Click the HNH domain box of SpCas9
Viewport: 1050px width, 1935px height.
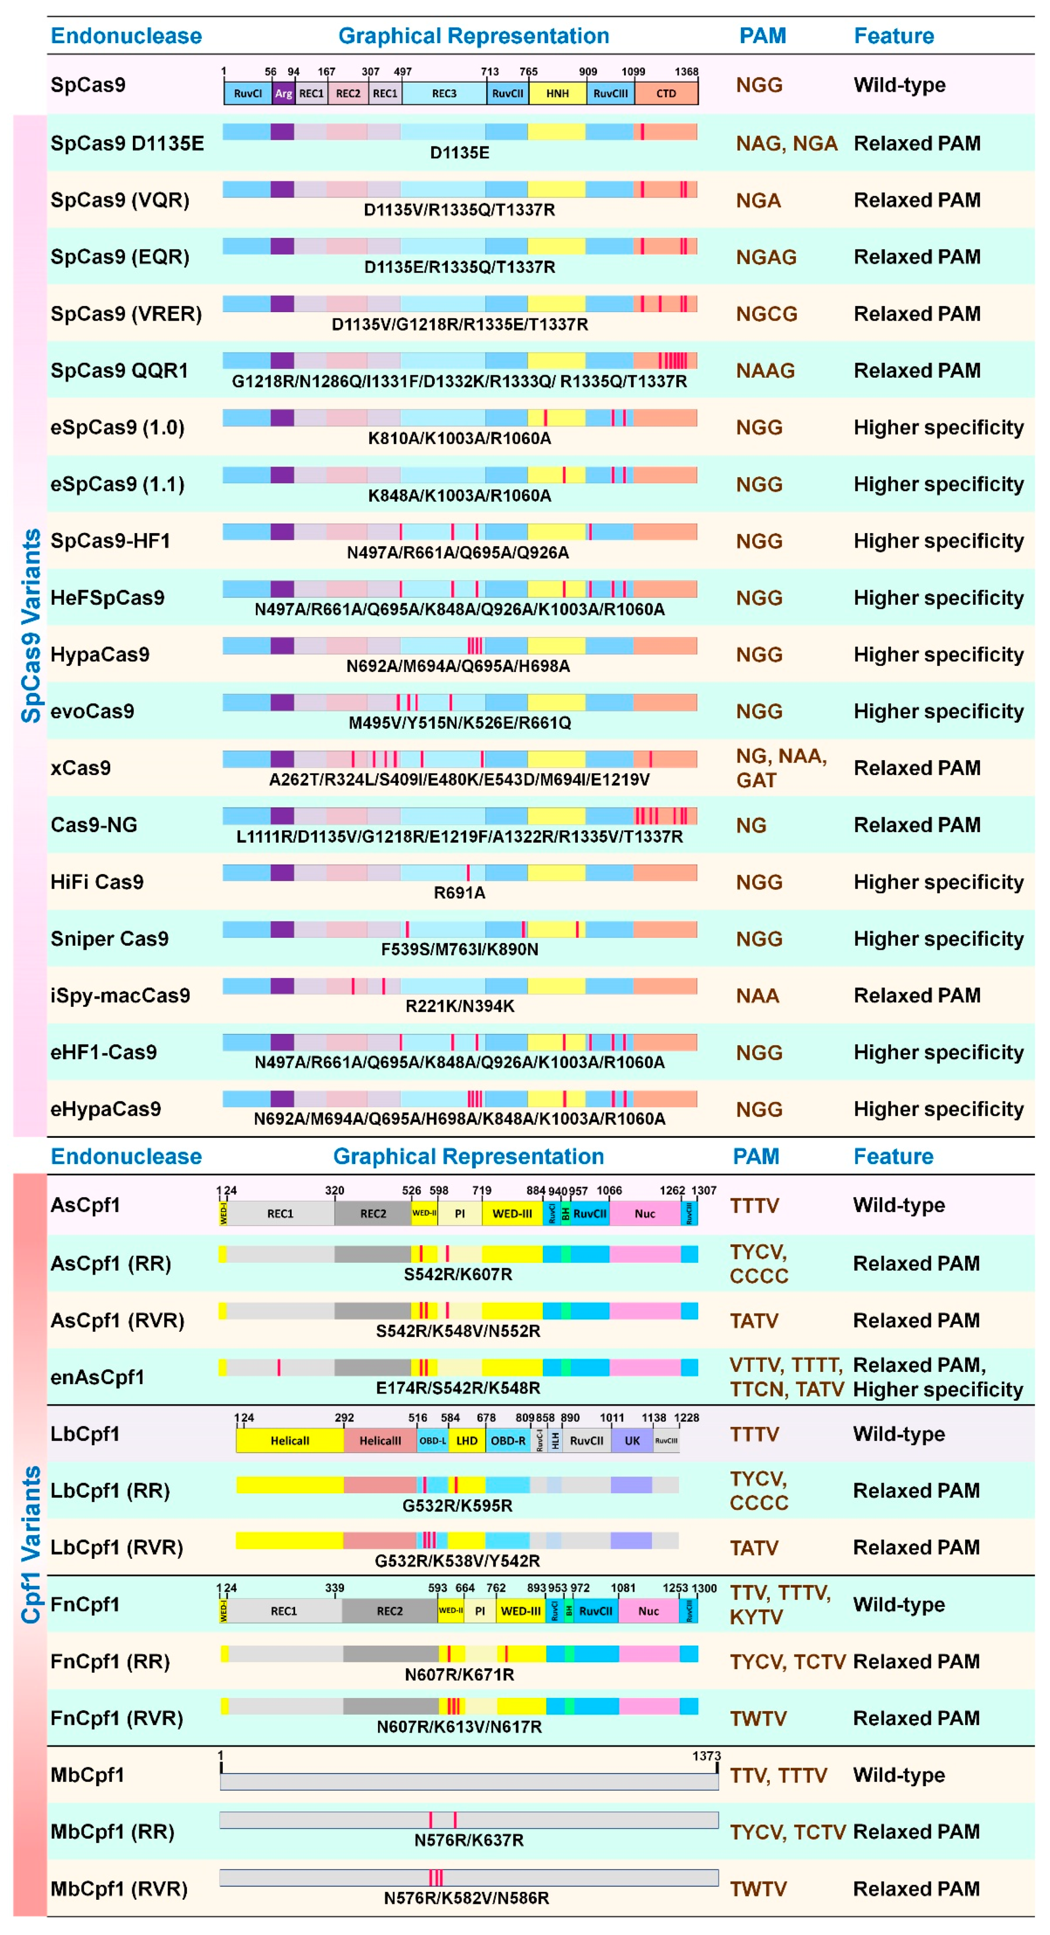(x=557, y=93)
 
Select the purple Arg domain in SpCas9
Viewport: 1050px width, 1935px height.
(x=283, y=93)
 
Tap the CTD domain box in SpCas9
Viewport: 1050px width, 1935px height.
(x=666, y=93)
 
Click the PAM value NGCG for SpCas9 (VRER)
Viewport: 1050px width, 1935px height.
(x=766, y=314)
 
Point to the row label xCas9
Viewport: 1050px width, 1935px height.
(x=80, y=768)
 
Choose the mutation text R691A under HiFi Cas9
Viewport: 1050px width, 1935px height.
(x=459, y=892)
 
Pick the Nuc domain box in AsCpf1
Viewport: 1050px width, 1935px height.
(x=644, y=1213)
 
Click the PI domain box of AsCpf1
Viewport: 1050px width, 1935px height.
(x=460, y=1213)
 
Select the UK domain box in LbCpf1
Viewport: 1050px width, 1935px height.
(x=632, y=1441)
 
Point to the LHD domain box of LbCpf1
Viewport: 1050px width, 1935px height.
(x=467, y=1441)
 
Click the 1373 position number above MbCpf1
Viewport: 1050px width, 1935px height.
(x=706, y=1756)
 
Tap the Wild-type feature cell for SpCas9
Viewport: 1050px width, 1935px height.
(x=899, y=85)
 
